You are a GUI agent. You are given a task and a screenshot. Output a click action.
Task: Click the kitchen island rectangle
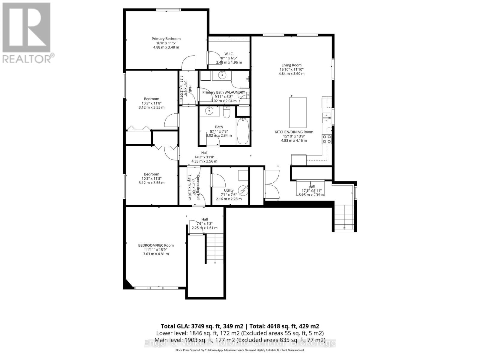tap(298, 112)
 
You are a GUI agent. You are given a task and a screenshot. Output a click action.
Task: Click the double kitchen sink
tap(326, 118)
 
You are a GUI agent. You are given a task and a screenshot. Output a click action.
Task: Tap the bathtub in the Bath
tap(243, 131)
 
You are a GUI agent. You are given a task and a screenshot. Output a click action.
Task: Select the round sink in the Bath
tap(209, 111)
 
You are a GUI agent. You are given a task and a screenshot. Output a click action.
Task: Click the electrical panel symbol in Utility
tap(243, 190)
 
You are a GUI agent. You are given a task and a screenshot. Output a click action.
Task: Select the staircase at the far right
tap(344, 216)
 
